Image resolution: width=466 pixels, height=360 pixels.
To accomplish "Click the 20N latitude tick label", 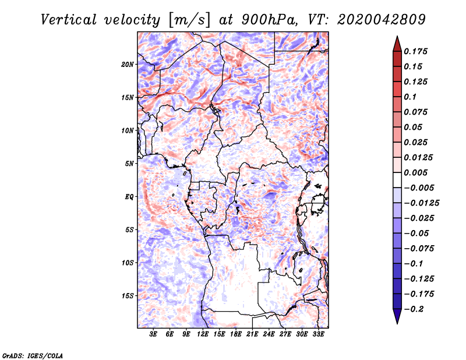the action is tap(127, 65).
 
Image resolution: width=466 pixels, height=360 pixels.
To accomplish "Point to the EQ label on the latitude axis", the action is tap(129, 197).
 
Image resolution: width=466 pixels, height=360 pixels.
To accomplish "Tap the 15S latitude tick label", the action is tap(127, 296).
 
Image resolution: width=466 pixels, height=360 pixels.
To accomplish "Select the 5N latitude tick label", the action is tap(129, 164).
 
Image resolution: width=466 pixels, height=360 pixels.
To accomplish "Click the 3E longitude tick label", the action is tap(153, 334).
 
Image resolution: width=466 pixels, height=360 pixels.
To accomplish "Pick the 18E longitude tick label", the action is tap(236, 334).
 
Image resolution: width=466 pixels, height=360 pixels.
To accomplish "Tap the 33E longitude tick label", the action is tap(318, 334).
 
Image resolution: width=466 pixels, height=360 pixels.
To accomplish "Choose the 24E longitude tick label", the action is tap(269, 334).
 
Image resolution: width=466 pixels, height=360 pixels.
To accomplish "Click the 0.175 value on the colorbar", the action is tap(415, 51).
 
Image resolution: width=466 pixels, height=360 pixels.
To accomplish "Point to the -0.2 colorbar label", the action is tap(414, 309).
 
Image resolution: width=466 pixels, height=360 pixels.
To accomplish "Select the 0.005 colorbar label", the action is tap(415, 172).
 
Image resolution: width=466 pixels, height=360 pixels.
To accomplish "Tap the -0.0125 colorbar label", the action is tap(421, 203).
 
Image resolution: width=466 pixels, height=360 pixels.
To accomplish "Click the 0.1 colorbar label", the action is tap(410, 97).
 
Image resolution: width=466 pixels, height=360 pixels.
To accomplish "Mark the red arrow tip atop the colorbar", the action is tap(397, 36).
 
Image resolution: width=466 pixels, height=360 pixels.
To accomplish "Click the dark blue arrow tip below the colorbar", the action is tap(397, 323).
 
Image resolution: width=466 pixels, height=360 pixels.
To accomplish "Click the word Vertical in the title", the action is tap(69, 20).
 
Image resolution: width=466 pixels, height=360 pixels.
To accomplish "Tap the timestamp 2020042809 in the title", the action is tap(382, 20).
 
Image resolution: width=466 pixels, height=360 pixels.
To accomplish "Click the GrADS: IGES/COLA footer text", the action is tap(33, 355).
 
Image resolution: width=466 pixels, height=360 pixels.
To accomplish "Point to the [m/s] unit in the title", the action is tap(189, 20).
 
